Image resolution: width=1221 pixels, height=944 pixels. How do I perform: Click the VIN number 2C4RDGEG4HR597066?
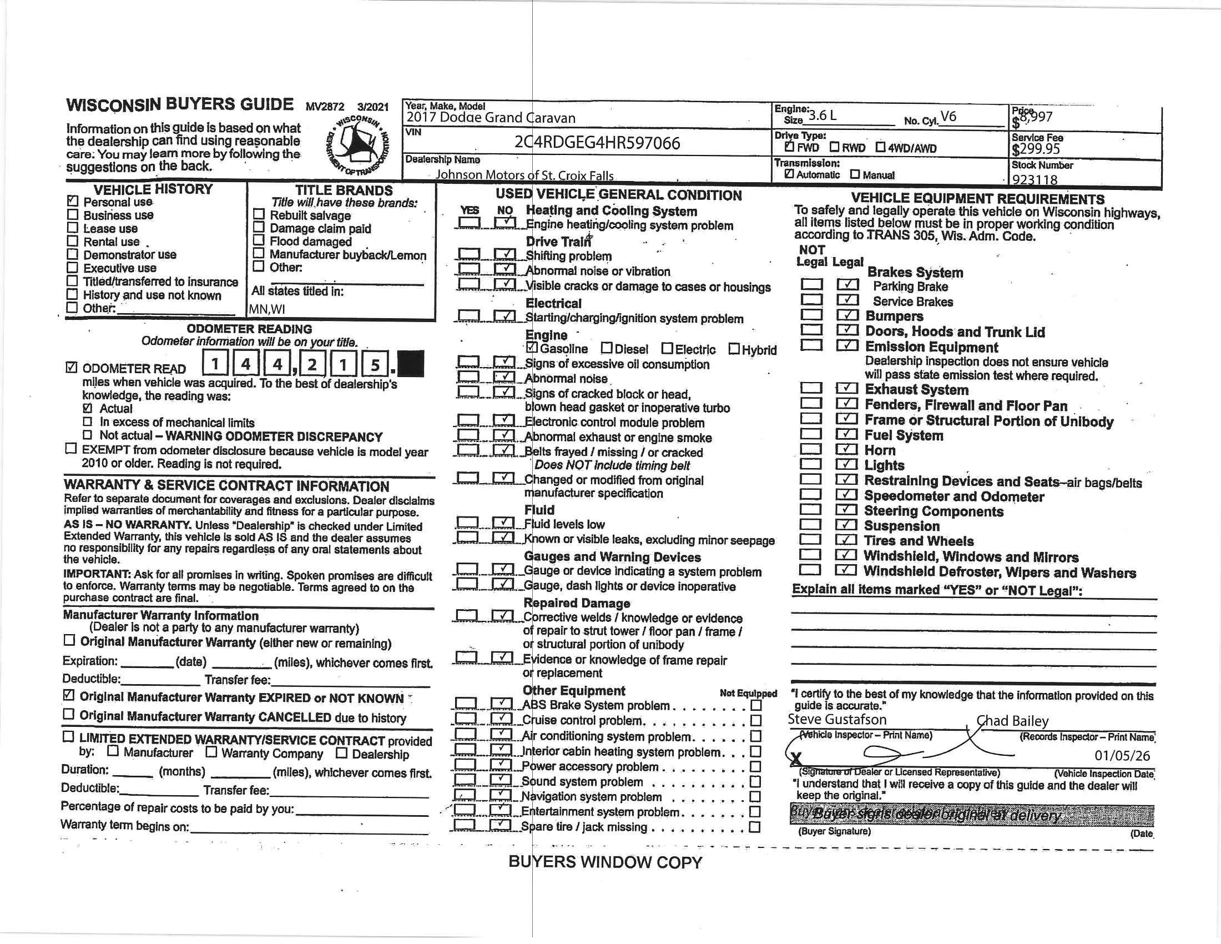coord(597,143)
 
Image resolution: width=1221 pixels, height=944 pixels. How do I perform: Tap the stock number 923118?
coord(1035,180)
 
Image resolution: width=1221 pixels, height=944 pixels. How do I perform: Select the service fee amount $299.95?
coord(1036,149)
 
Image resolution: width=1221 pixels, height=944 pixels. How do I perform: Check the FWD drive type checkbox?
coord(789,147)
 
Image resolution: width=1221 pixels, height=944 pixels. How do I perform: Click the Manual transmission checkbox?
coord(855,174)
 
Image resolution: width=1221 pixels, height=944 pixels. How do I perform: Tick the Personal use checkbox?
coord(72,201)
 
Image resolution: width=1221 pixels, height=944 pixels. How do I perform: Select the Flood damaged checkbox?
coord(258,240)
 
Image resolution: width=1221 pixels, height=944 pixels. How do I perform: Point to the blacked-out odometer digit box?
coord(410,364)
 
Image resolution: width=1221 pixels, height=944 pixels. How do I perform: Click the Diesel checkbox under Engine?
coord(607,348)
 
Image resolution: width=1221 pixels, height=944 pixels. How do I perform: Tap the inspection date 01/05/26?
coord(1122,756)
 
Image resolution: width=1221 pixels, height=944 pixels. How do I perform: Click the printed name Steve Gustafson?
coord(837,720)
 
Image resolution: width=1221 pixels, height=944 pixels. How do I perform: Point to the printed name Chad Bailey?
coord(1012,721)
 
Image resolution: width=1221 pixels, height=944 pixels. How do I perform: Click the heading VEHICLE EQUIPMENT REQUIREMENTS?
coord(977,199)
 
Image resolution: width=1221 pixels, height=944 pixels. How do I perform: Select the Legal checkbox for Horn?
coord(846,449)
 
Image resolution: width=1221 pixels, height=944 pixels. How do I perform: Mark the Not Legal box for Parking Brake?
coord(812,285)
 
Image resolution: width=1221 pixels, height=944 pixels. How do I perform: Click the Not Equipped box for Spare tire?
coord(755,827)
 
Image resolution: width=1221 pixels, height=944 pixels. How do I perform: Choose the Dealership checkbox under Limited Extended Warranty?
coord(341,753)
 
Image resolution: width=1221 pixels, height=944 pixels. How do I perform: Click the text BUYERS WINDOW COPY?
coord(605,862)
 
